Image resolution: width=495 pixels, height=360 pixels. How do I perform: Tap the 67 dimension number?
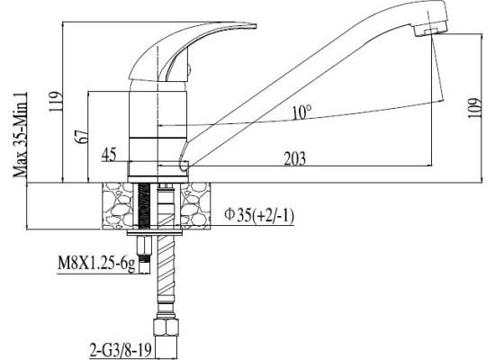[x=81, y=136]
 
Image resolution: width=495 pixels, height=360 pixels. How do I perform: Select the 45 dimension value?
[x=109, y=155]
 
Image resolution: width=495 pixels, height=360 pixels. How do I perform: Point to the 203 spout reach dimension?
[x=295, y=158]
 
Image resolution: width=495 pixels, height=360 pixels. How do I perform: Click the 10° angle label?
[x=301, y=112]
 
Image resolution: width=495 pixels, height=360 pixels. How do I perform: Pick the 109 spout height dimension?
[x=474, y=108]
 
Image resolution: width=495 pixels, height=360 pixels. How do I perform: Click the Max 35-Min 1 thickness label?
[x=20, y=135]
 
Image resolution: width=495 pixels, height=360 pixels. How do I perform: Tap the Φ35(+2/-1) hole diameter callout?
[x=259, y=215]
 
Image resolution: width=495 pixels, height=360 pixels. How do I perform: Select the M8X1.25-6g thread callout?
[x=96, y=264]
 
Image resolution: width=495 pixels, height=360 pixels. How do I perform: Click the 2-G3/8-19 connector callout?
[x=121, y=349]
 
